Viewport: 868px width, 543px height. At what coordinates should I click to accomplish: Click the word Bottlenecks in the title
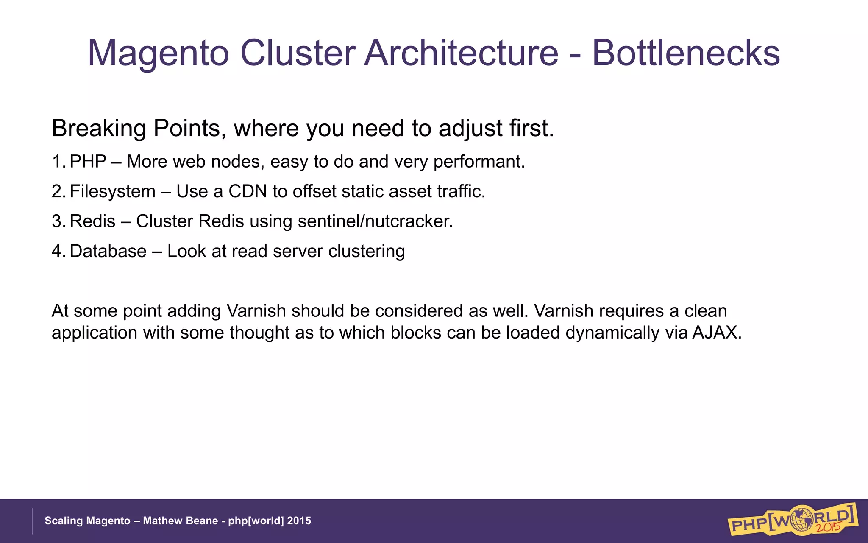pos(685,53)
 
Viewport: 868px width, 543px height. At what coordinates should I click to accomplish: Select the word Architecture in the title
pos(461,53)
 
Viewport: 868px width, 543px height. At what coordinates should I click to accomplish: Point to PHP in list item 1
pos(88,162)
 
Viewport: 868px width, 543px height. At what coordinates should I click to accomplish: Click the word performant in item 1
pos(478,162)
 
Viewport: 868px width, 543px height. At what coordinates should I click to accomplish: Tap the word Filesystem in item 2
pos(112,192)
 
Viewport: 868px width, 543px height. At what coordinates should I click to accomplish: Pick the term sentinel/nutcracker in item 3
pos(375,221)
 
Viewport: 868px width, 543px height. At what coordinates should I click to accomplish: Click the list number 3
pos(57,221)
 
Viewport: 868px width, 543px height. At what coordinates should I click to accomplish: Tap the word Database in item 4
pos(108,251)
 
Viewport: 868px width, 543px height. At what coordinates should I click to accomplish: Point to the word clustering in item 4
pos(366,252)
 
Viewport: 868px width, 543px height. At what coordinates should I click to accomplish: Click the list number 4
pos(57,251)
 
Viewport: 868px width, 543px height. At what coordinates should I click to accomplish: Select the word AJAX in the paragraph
pos(716,333)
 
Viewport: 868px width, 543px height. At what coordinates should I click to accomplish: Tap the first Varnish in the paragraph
pos(256,311)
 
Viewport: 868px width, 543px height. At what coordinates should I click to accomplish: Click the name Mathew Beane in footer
pos(180,521)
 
